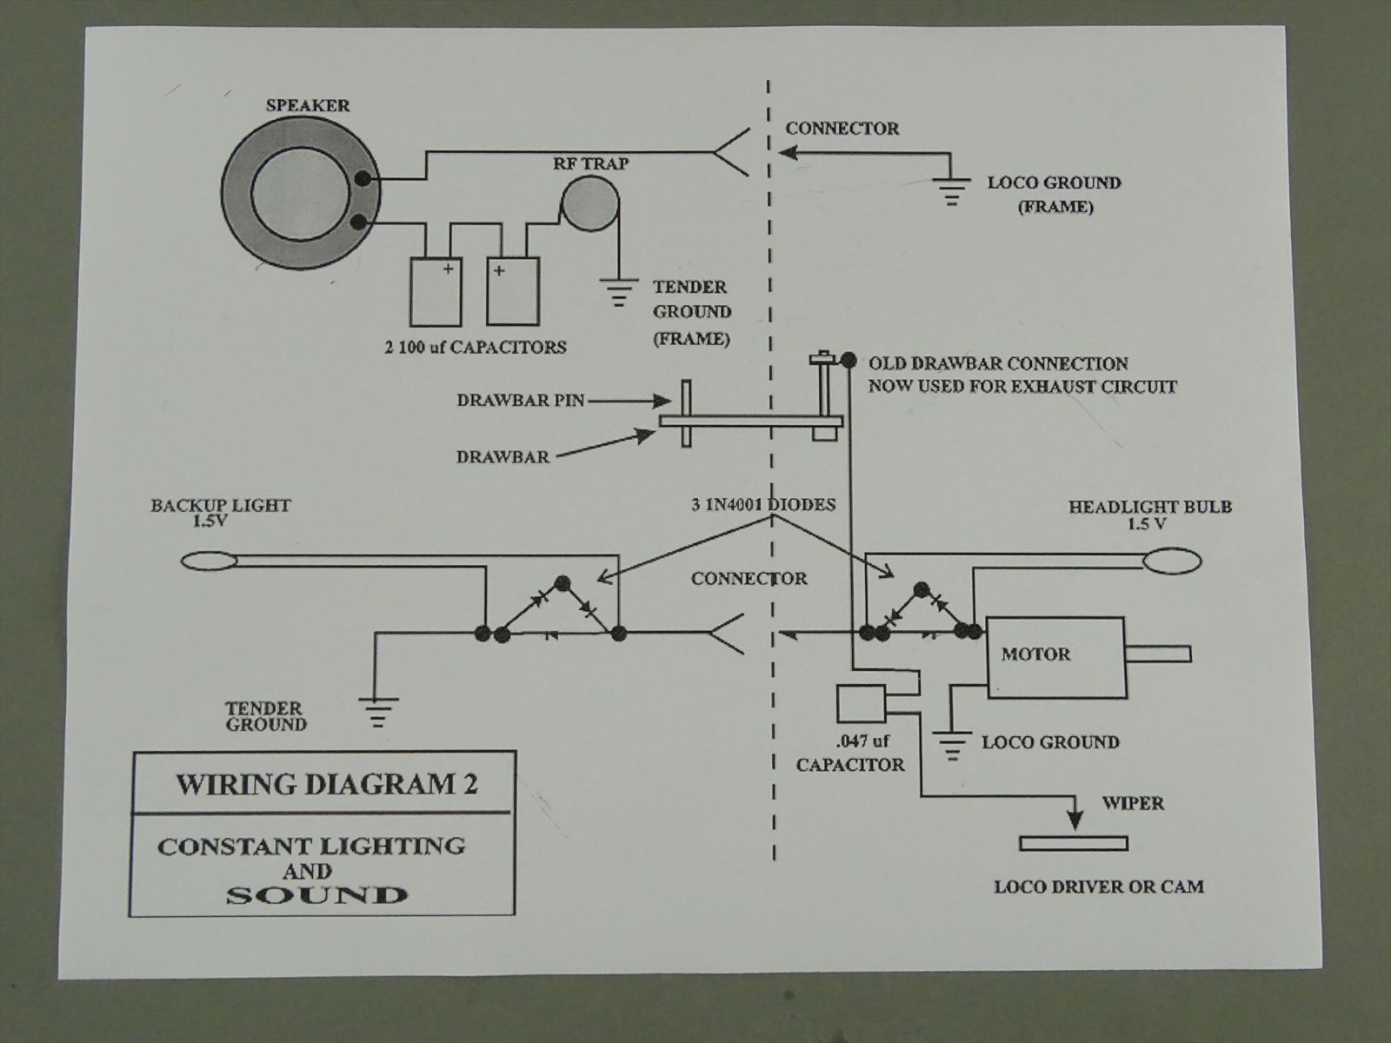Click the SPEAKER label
point(308,106)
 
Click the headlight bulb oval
point(1173,561)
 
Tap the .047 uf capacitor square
point(860,703)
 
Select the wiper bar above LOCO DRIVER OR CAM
point(1074,843)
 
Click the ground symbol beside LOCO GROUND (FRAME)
point(952,190)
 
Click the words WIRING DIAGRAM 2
point(327,784)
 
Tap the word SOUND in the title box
point(316,895)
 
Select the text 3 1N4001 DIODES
point(763,505)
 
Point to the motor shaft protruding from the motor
point(1158,654)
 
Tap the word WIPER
point(1133,802)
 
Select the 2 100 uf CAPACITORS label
point(476,348)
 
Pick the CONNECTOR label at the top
point(842,129)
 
